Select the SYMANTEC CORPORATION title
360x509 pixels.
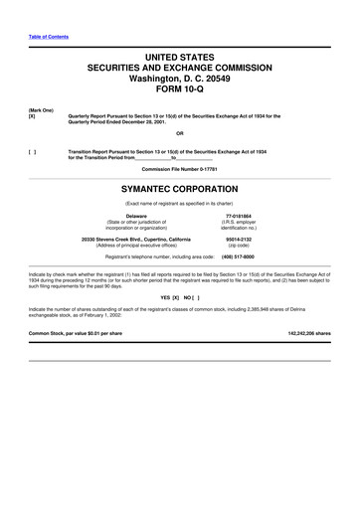point(180,186)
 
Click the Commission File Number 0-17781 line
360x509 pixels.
point(180,169)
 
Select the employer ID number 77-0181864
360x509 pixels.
point(240,215)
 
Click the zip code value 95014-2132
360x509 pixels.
point(240,239)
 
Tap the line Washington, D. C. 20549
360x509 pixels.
point(180,85)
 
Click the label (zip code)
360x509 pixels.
point(240,246)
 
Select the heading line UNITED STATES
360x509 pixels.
point(180,61)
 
